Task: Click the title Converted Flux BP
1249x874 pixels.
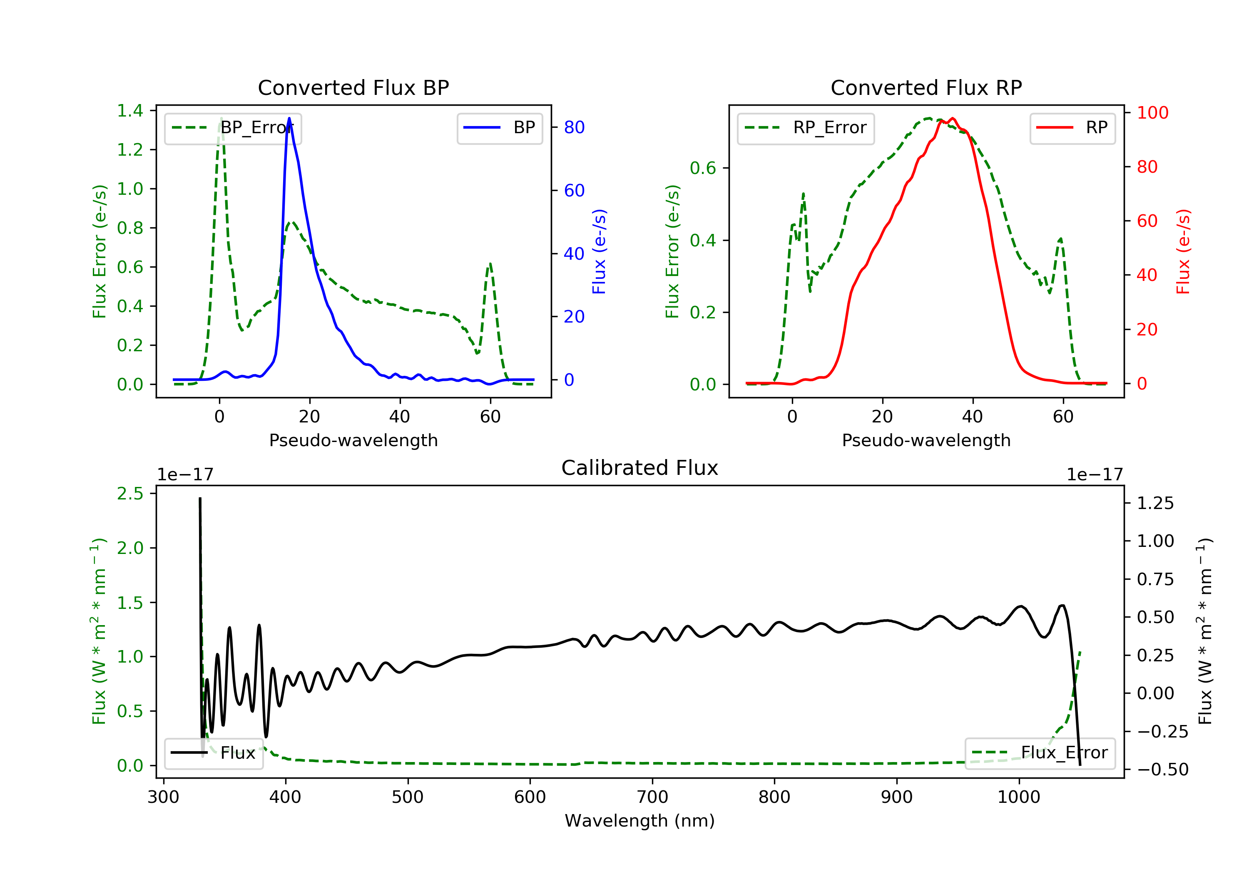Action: point(353,87)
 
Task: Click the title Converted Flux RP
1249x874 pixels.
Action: point(926,87)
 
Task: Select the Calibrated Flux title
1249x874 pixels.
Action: point(640,468)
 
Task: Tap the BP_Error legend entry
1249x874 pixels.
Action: point(233,128)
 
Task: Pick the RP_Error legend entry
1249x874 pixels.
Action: point(806,128)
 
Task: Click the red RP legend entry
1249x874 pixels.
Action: point(1072,128)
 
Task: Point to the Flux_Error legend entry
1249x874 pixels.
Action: point(1040,753)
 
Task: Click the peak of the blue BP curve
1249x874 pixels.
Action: point(289,118)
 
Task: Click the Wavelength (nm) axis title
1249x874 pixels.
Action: point(640,821)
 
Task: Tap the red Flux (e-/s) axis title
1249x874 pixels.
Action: point(1184,252)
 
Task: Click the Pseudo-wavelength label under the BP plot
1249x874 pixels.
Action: point(353,440)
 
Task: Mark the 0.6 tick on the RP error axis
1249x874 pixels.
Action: point(703,168)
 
